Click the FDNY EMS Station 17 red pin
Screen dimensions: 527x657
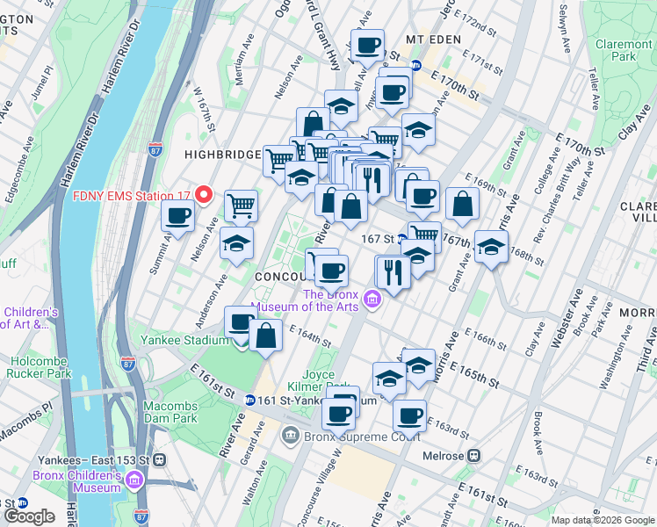pos(204,194)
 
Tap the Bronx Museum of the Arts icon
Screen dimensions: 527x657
pos(372,301)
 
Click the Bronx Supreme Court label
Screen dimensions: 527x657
pos(355,437)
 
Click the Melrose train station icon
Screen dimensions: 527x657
pos(474,456)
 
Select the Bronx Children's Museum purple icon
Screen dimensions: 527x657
pos(134,480)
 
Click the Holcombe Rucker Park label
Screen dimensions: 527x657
pos(53,365)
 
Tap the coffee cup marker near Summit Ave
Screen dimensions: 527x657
pos(178,214)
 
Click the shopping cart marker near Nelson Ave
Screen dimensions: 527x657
pos(241,206)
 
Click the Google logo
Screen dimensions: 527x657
pos(28,516)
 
